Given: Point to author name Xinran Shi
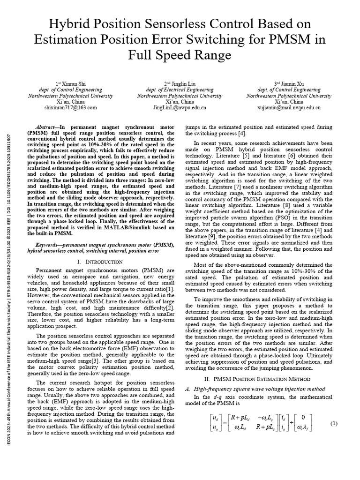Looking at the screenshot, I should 75,83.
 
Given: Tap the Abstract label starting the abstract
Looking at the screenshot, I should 46,127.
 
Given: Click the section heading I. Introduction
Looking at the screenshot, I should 99,261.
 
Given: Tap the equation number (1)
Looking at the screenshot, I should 334,424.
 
